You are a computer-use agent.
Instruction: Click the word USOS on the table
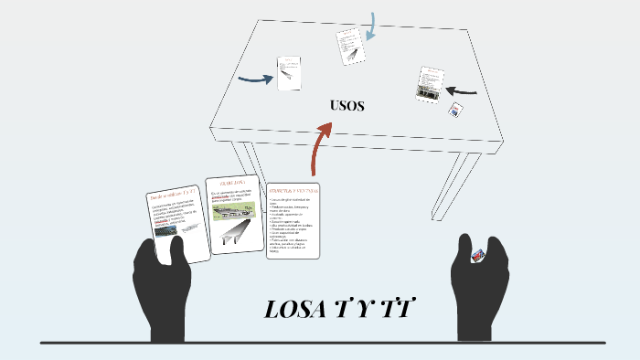point(347,106)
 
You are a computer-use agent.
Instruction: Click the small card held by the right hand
point(476,257)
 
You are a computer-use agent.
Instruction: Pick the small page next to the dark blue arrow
point(289,73)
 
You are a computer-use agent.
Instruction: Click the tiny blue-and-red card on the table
point(455,109)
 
